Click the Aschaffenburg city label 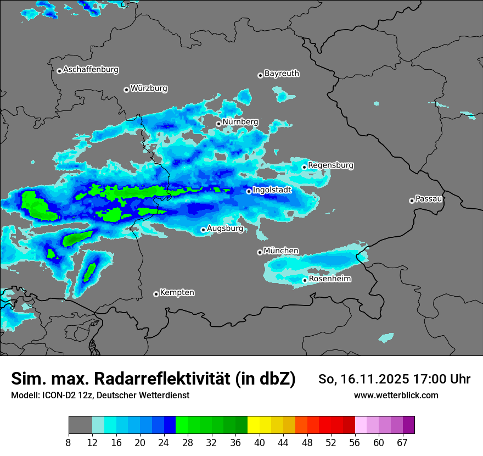[91, 70]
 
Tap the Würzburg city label [149, 88]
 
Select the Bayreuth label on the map [282, 73]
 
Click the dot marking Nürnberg [218, 124]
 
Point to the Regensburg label [330, 165]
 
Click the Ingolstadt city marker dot [249, 191]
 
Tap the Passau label [429, 199]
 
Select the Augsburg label [224, 228]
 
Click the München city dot [260, 252]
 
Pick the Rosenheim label [329, 279]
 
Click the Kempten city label [177, 293]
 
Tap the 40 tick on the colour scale [260, 443]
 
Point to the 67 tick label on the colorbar [402, 443]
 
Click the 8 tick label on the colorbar [69, 443]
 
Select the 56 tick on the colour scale [355, 443]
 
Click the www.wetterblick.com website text [396, 395]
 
